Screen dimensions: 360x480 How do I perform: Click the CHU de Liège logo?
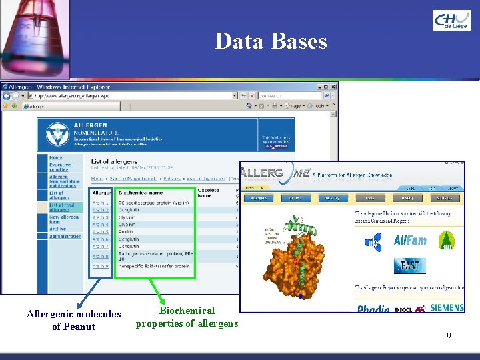(451, 20)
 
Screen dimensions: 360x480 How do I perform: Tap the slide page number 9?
(449, 337)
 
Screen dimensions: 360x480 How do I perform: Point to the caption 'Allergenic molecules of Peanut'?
(74, 320)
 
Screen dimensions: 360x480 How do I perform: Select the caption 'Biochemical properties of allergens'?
(187, 317)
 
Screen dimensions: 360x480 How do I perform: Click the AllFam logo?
(410, 241)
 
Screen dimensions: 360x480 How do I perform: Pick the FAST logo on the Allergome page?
(410, 265)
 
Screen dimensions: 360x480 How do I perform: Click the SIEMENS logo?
(447, 309)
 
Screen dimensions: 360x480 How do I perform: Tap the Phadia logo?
(374, 309)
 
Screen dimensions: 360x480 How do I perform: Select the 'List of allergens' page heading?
(113, 161)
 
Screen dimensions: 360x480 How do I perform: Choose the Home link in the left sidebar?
(55, 158)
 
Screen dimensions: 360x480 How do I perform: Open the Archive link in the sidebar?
(57, 228)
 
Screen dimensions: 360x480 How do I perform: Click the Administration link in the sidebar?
(65, 236)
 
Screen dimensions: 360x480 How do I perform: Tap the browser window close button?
(333, 87)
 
